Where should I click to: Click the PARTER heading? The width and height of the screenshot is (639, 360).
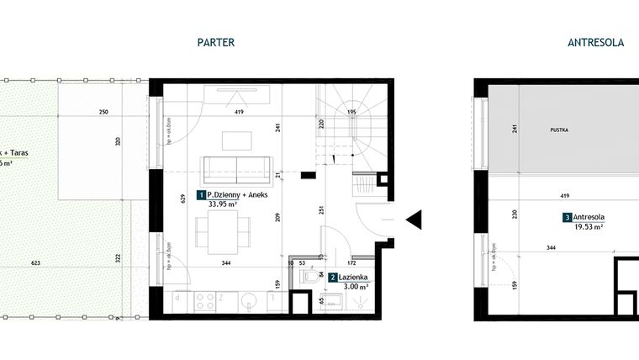215,42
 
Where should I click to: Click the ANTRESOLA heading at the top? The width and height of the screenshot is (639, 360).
595,42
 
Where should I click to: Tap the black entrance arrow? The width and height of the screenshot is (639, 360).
414,220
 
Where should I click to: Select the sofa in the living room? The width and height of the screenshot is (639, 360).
236,168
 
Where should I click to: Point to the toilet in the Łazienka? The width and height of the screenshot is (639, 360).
312,274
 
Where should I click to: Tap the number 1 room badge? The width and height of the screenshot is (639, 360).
201,194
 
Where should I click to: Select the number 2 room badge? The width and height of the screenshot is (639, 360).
334,277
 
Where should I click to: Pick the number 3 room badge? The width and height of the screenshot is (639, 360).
568,217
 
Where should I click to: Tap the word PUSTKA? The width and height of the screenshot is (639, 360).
559,130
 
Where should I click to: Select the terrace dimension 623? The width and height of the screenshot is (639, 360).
35,264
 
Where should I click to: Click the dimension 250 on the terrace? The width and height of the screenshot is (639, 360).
103,112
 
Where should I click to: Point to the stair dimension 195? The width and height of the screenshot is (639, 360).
351,112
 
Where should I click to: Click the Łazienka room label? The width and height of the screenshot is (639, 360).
353,277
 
